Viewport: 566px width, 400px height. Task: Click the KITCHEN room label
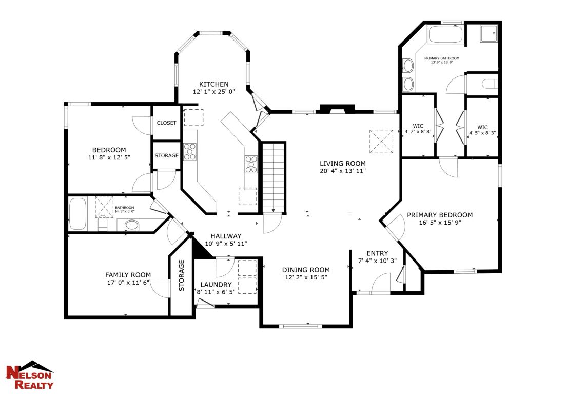coord(214,84)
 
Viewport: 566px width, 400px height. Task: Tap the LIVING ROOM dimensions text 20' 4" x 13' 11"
coord(341,171)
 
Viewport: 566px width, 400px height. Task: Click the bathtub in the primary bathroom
coord(445,35)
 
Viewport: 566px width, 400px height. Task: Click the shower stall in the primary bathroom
coord(490,34)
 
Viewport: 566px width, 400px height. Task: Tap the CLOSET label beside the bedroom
coord(166,123)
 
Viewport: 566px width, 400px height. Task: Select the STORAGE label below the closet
coord(166,156)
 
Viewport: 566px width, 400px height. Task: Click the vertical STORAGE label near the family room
coord(181,276)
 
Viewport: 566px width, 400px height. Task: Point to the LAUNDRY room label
coord(216,285)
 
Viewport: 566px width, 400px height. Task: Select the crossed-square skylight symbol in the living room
coord(381,142)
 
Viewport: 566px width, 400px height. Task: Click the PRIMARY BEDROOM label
coord(440,215)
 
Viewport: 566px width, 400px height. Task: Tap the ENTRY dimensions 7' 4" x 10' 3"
coord(377,261)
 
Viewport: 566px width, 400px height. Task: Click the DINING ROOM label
coord(306,270)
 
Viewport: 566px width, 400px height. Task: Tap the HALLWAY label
coord(226,236)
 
